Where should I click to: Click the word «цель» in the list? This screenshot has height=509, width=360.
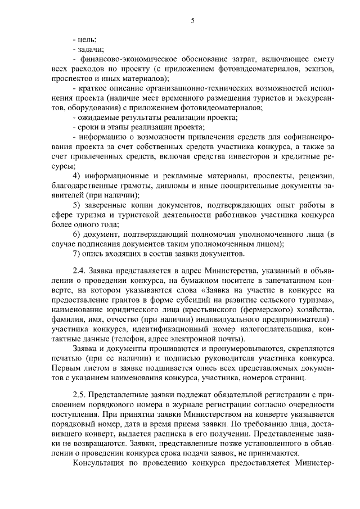pos(87,39)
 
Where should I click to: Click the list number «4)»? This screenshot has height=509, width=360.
pos(79,176)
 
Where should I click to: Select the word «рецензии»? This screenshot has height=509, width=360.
pos(316,176)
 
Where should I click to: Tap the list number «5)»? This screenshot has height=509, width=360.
pos(79,205)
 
